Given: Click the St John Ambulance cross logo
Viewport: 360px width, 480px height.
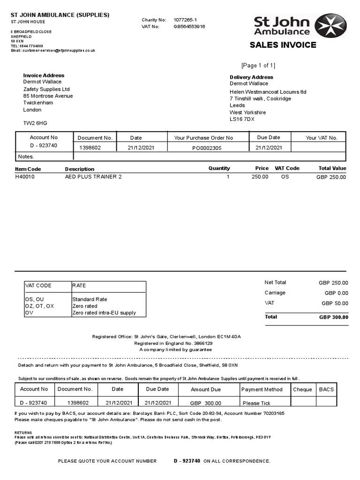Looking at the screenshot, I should coord(330,25).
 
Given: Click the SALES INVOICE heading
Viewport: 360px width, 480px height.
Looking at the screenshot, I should coord(283,45).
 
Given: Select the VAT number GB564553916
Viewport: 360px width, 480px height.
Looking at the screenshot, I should coord(189,27).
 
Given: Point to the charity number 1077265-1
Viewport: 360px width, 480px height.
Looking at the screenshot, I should coord(185,20).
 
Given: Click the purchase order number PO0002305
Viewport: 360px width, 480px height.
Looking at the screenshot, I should coord(207,148).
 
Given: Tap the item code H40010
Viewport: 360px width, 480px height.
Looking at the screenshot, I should coord(25,177).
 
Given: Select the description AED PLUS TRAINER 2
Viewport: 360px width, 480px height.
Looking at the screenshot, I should coord(93,177).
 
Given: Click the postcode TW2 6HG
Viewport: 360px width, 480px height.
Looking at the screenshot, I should coord(35,123).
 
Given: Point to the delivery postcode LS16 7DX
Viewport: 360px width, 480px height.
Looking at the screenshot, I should coord(242,119).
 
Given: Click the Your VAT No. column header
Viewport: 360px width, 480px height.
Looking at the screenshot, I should coord(322,138).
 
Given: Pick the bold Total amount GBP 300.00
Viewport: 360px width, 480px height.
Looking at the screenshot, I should coord(333,317).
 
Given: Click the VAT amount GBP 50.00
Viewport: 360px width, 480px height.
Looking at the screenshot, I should coord(335,303).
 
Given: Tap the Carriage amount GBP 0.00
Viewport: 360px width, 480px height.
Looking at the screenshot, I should coord(336,293).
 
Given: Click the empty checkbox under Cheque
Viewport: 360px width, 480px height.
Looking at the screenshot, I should coord(303,402).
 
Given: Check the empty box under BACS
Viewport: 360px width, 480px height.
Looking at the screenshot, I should coord(326,402).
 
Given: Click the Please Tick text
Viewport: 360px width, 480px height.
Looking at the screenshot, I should coord(256,403).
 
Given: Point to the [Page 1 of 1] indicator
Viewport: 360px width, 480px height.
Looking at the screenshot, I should coord(258,65).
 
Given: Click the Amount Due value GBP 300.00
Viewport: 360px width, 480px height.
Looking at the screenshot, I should coord(206,403).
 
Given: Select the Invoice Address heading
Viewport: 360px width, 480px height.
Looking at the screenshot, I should coord(44,75).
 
